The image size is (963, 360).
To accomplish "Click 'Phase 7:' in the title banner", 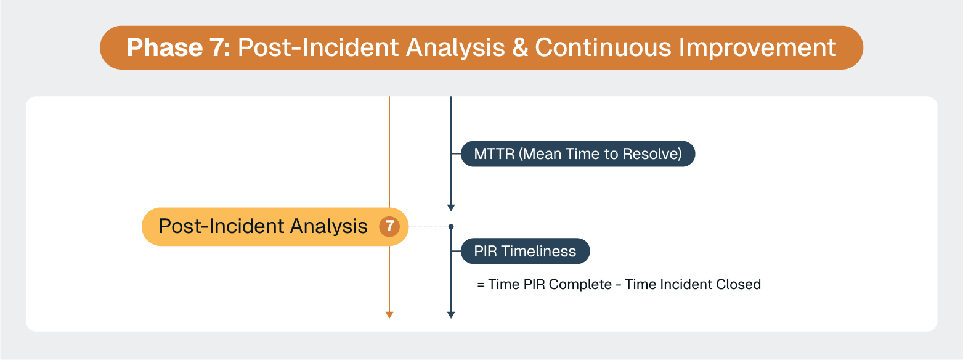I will (178, 47).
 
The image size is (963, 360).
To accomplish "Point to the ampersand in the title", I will (520, 47).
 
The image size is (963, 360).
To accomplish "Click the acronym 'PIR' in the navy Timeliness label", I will (486, 252).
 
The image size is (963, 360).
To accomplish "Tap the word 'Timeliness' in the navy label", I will (539, 252).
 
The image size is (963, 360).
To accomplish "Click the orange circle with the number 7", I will (389, 227).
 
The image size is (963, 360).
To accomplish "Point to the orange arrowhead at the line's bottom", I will (389, 315).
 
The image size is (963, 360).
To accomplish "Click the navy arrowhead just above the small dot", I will (451, 208).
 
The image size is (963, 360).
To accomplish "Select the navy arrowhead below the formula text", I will (451, 315).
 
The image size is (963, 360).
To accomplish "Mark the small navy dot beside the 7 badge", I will (451, 227).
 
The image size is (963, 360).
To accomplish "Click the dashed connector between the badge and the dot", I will (429, 227).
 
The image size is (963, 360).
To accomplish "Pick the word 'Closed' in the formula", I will (739, 285).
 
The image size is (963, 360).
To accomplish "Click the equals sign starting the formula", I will (481, 285).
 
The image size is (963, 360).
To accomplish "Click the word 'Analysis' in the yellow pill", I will (329, 227).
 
